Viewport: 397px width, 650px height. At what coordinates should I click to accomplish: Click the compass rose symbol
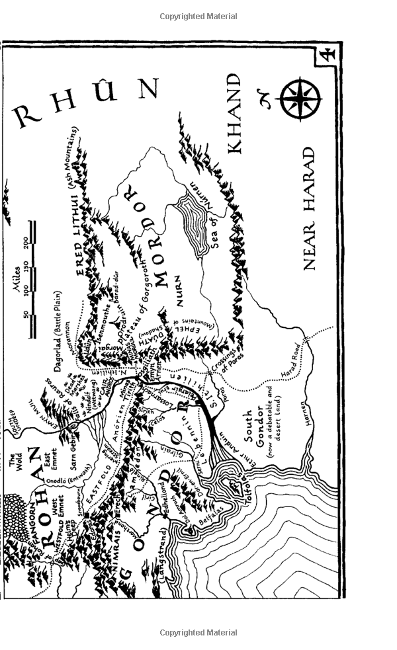(300, 100)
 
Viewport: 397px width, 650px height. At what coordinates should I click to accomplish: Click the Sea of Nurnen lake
(200, 225)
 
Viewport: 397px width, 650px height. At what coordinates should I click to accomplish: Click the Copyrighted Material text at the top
(198, 17)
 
